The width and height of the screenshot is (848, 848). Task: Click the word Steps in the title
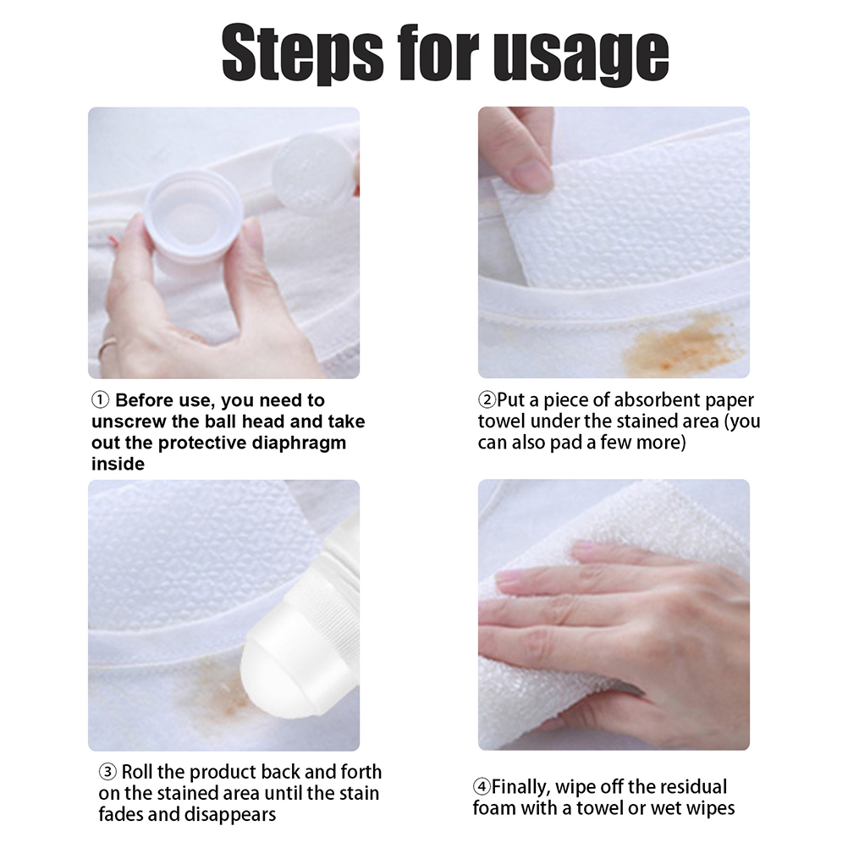[x=302, y=53]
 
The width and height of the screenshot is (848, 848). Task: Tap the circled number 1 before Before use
[x=101, y=400]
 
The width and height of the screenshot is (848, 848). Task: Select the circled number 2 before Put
[x=487, y=400]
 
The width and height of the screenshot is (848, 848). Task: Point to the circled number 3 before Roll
[x=107, y=772]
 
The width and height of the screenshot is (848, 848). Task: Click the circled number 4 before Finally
[x=482, y=786]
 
